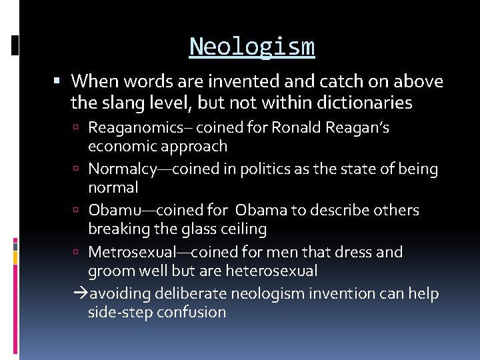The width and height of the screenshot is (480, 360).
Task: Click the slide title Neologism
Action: [251, 47]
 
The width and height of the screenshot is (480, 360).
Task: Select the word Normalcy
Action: [122, 169]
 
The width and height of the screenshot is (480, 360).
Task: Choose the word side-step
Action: [121, 312]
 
